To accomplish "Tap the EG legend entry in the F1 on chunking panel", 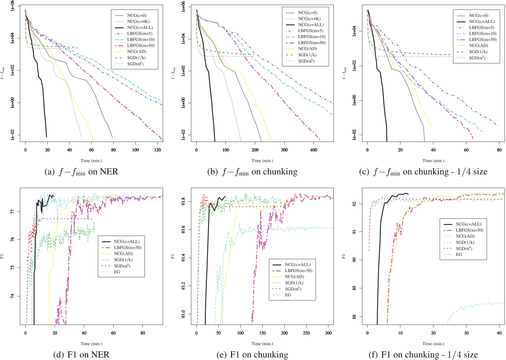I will tap(288, 295).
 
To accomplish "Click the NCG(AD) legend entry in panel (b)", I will tap(308, 48).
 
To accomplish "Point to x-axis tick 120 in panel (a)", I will tap(158, 150).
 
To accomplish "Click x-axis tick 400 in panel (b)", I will tap(314, 150).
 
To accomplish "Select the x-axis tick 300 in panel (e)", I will tap(328, 333).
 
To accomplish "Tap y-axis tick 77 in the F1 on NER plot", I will tap(12, 212).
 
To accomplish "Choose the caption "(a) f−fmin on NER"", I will tap(81, 172).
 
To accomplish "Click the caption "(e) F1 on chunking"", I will tap(252, 355).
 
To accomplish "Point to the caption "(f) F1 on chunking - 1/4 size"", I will tap(423, 355).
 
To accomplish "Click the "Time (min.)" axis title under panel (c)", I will tap(433, 161).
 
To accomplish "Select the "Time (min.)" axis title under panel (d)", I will tap(91, 344).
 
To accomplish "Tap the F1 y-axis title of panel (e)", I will tap(173, 256).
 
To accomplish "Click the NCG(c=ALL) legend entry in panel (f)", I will tap(469, 224).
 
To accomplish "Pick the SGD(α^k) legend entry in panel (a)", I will tap(135, 64).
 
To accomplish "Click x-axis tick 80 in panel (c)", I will tap(499, 150).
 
